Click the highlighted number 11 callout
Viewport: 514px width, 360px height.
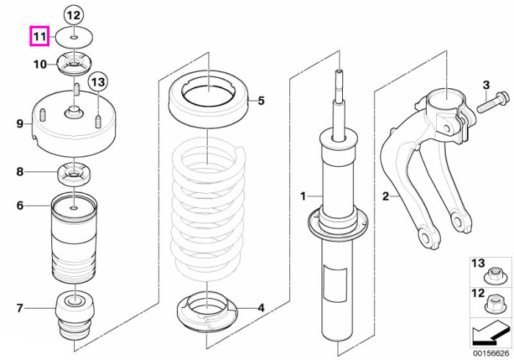pyautogui.click(x=40, y=36)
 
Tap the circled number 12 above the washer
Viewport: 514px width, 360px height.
pyautogui.click(x=73, y=15)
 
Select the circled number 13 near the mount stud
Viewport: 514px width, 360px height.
pyautogui.click(x=98, y=82)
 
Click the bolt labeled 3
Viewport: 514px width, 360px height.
pyautogui.click(x=493, y=103)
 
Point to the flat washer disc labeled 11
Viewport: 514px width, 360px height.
pyautogui.click(x=74, y=38)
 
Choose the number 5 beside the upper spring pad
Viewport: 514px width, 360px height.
pyautogui.click(x=261, y=101)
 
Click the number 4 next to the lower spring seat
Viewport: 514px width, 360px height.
pyautogui.click(x=261, y=308)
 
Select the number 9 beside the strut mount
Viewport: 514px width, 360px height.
pyautogui.click(x=20, y=124)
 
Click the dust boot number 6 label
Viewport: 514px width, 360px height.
pyautogui.click(x=20, y=206)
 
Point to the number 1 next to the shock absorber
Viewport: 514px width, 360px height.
pyautogui.click(x=303, y=196)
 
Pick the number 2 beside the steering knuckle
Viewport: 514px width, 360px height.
pyautogui.click(x=385, y=196)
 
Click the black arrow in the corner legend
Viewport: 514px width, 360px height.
pyautogui.click(x=491, y=334)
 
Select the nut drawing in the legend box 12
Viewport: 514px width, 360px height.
pyautogui.click(x=493, y=305)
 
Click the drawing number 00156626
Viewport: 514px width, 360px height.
pyautogui.click(x=491, y=353)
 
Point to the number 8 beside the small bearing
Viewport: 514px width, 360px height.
pyautogui.click(x=20, y=172)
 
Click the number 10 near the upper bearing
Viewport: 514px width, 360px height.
pyautogui.click(x=40, y=64)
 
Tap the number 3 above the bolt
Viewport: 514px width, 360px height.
pyautogui.click(x=486, y=85)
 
